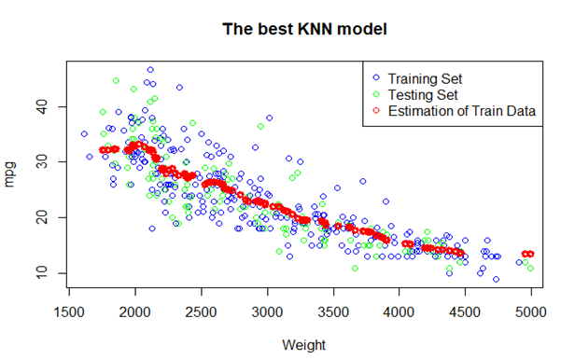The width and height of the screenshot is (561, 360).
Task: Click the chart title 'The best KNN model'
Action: (x=304, y=29)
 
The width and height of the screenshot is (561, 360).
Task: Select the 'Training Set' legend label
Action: (x=426, y=77)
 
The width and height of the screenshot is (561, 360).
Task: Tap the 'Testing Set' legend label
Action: (x=423, y=94)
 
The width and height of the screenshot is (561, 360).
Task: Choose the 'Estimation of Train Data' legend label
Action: (x=462, y=111)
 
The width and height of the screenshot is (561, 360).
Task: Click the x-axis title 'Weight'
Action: (x=304, y=345)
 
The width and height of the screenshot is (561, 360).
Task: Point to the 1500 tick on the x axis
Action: (x=70, y=311)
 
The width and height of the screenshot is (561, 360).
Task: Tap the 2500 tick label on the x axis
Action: (x=202, y=311)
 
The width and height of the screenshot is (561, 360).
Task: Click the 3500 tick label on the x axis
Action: (x=333, y=311)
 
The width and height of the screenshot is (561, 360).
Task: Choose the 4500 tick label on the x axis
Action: (x=465, y=311)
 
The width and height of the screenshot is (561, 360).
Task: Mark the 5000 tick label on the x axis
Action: (x=531, y=311)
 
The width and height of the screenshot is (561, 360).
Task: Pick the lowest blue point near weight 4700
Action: (x=496, y=279)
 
